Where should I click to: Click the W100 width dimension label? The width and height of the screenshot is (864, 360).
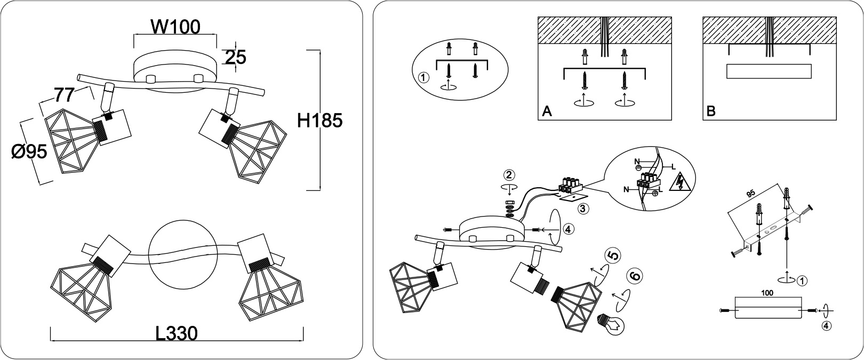coord(175,27)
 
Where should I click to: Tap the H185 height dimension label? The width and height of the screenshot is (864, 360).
coord(320,121)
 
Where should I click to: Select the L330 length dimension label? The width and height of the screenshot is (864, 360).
coord(177,333)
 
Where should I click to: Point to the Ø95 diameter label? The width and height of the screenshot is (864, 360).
coord(29,152)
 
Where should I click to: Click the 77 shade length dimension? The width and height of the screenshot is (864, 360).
coord(63,95)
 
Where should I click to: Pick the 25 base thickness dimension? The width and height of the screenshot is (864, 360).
coord(235,58)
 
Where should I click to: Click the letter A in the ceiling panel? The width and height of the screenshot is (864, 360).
coord(547,111)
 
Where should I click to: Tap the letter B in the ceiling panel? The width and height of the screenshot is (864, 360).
coord(711,111)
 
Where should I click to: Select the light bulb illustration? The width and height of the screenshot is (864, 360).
coord(611,323)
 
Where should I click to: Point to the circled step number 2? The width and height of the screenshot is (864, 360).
coord(509,175)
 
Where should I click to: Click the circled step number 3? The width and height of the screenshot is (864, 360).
coord(583,209)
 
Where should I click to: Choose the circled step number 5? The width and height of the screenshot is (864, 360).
coord(613,256)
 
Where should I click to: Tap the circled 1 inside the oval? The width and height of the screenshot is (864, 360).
coord(423,77)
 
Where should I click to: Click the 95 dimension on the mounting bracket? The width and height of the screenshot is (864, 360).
coord(750,194)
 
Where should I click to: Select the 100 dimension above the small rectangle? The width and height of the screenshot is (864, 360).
coord(767,293)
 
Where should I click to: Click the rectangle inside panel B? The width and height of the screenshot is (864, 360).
coord(769,71)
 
